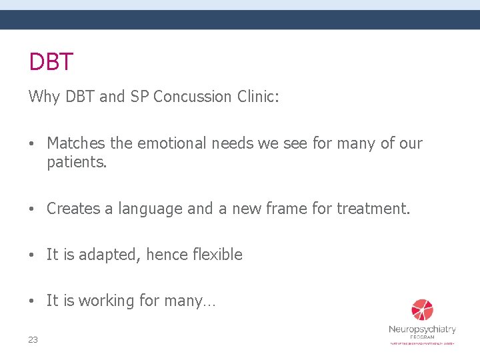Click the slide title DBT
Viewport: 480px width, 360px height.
[x=51, y=62]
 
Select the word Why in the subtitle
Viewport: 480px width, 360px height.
[x=44, y=97]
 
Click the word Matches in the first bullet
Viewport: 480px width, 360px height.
[x=77, y=143]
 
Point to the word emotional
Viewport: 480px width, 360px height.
[x=173, y=143]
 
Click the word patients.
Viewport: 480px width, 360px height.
[x=77, y=162]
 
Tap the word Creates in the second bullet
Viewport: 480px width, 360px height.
[x=73, y=209]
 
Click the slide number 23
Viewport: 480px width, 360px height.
[x=33, y=340]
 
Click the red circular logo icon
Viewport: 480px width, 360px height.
[x=422, y=310]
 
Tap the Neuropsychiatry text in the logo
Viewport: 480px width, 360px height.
[x=422, y=329]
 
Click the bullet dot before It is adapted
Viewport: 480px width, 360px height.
[x=33, y=255]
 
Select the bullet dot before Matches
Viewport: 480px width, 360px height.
[x=33, y=143]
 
